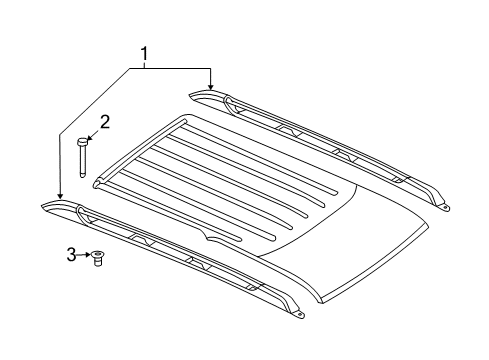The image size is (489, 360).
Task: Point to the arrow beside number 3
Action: tap(86, 256)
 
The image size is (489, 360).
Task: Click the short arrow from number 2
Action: tap(91, 132)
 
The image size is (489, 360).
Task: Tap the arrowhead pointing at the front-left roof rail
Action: tap(59, 197)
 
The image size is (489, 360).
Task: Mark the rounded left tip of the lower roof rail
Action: tap(46, 206)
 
